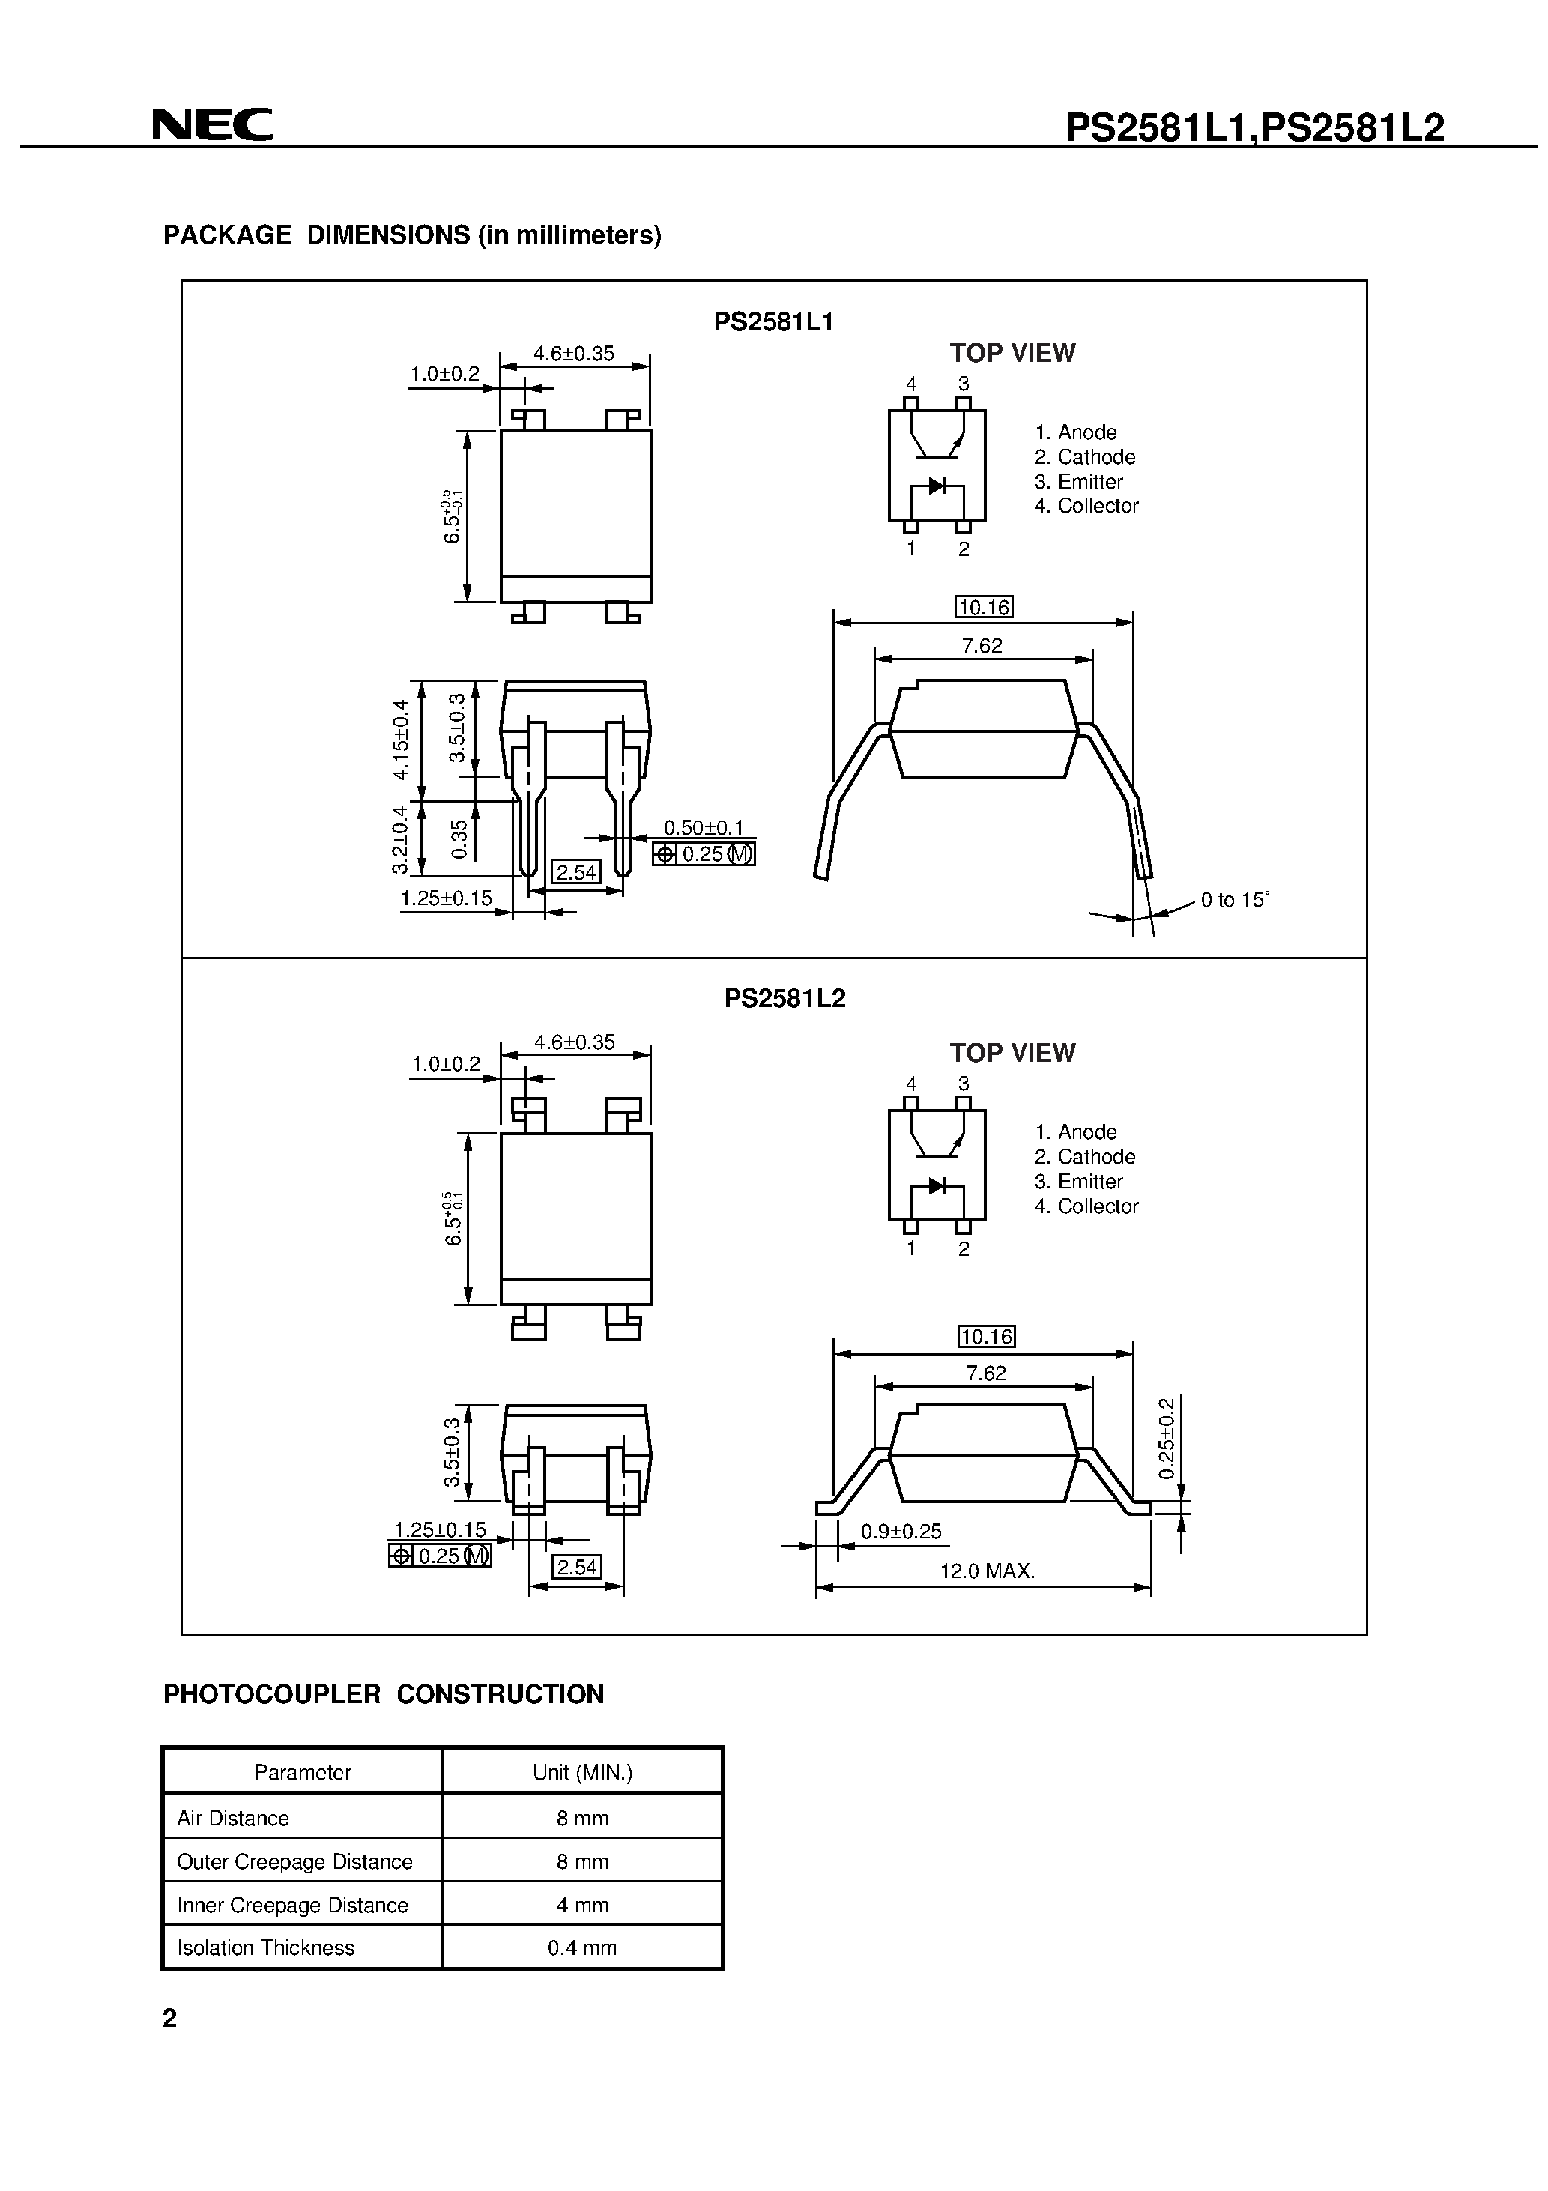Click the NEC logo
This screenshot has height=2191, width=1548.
(x=212, y=125)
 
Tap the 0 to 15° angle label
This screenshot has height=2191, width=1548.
(x=1234, y=900)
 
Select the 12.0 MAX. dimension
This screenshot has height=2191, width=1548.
(x=987, y=1571)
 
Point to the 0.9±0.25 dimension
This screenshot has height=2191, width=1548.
(x=900, y=1532)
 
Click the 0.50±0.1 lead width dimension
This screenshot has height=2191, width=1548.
(x=704, y=827)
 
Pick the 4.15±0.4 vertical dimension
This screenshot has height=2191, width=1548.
(x=401, y=740)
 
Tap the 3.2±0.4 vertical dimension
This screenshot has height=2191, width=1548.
(x=401, y=840)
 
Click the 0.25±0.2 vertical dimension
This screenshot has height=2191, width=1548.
(x=1167, y=1438)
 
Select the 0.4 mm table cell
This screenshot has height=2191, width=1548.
(x=582, y=1947)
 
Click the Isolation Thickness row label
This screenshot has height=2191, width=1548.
(x=265, y=1947)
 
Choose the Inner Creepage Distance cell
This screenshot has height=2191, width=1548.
(x=292, y=1905)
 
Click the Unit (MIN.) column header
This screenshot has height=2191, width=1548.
(x=582, y=1772)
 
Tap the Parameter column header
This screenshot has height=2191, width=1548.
(x=303, y=1772)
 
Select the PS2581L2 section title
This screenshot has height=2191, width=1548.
(x=784, y=998)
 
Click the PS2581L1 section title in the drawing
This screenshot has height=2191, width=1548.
(x=773, y=322)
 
